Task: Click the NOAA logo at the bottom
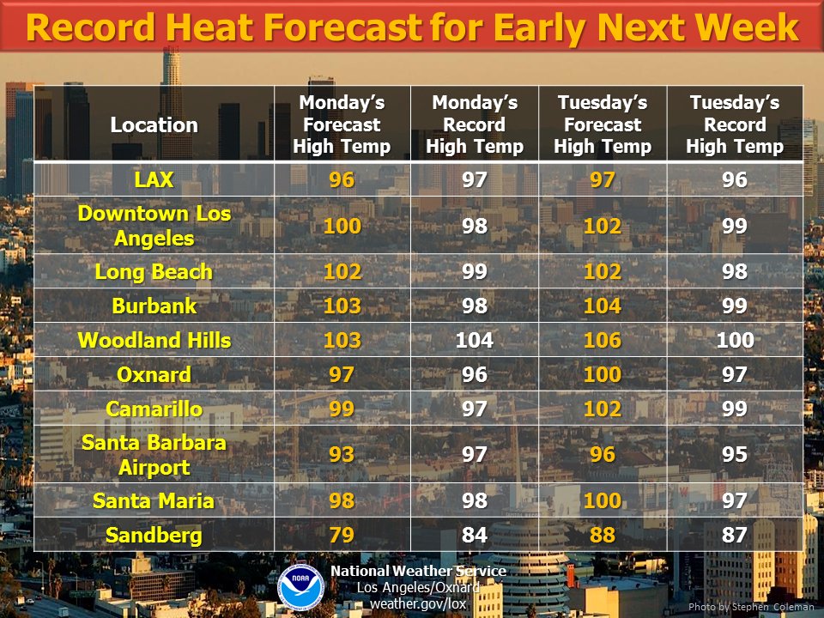[300, 587]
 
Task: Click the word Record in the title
[90, 27]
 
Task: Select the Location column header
[154, 125]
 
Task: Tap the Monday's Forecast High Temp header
[342, 124]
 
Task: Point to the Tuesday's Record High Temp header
[735, 124]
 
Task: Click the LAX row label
[154, 179]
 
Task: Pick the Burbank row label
[154, 306]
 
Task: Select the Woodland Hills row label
[154, 340]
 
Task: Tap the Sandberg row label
[154, 536]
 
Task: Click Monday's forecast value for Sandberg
[342, 535]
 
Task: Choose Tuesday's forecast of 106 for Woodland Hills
[603, 340]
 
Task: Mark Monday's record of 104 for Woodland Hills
[475, 340]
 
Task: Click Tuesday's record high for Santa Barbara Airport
[735, 454]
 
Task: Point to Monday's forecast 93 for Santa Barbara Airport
[342, 454]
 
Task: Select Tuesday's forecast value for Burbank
[603, 306]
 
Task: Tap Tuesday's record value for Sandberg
[735, 535]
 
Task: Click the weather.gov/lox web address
[418, 603]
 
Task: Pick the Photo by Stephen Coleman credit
[751, 607]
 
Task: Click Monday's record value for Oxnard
[475, 375]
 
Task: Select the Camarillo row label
[154, 409]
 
